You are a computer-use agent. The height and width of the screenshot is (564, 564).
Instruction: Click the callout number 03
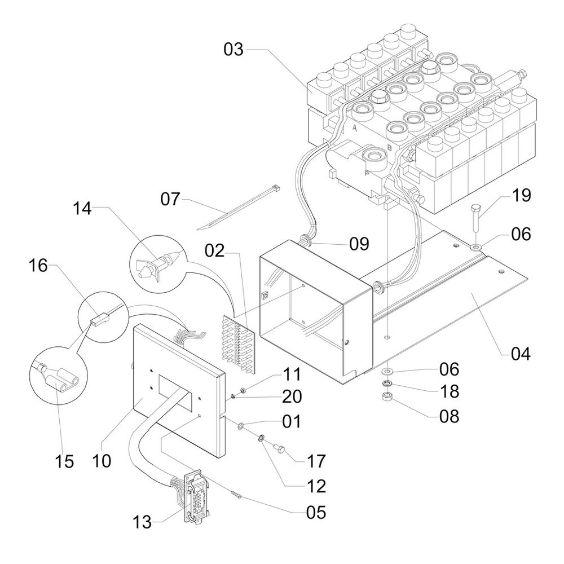tap(233, 49)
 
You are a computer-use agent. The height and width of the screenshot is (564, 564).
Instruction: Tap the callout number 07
tap(170, 199)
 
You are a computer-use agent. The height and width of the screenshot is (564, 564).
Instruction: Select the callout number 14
tap(82, 209)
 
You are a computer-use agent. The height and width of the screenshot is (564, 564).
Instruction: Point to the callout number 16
tap(38, 266)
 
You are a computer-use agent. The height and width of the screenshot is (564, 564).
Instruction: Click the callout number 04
tap(521, 354)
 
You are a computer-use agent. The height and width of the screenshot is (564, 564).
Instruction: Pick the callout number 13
tap(142, 522)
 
